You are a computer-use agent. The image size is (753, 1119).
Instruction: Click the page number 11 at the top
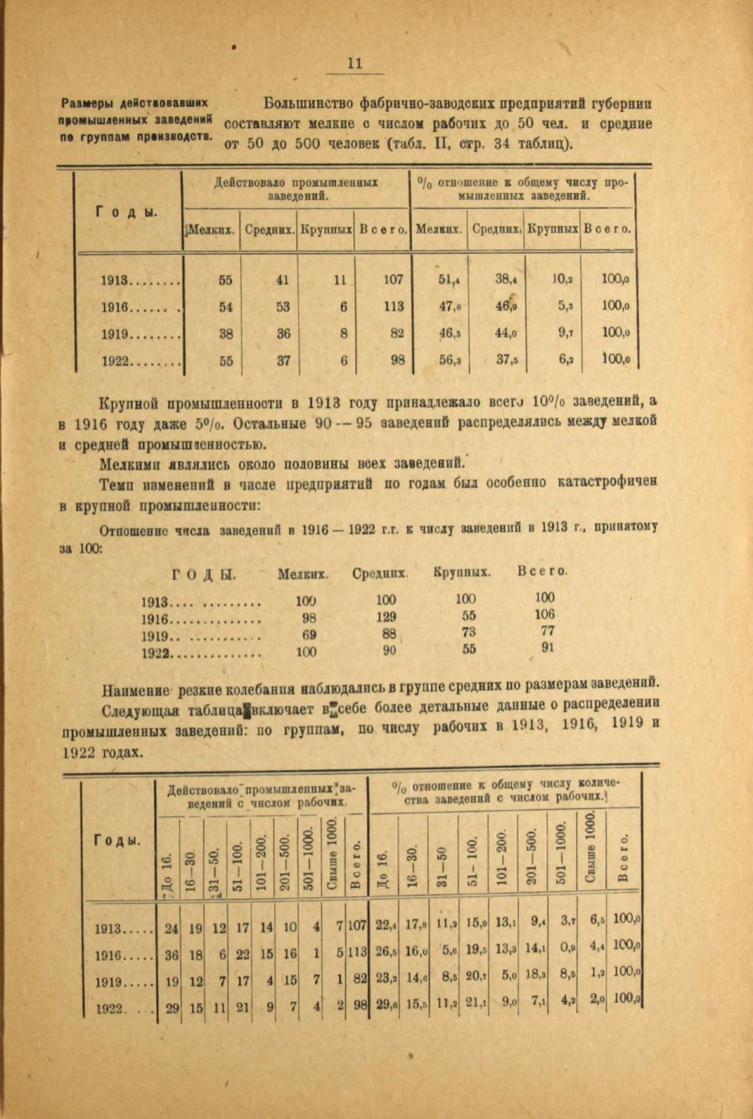[355, 64]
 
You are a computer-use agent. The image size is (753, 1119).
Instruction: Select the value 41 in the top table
[282, 280]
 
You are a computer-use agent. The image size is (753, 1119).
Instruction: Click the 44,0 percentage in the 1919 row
[506, 334]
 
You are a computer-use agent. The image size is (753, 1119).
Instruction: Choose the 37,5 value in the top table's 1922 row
[508, 360]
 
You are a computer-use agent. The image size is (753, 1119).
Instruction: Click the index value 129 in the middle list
[386, 616]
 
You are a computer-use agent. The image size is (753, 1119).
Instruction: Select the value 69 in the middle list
[308, 634]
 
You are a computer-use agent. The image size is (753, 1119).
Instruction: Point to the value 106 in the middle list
[544, 614]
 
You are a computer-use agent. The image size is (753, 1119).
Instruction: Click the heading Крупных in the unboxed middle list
[461, 573]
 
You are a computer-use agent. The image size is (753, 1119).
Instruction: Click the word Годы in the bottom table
[117, 840]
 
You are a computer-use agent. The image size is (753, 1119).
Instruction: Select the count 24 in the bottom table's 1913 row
[171, 927]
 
